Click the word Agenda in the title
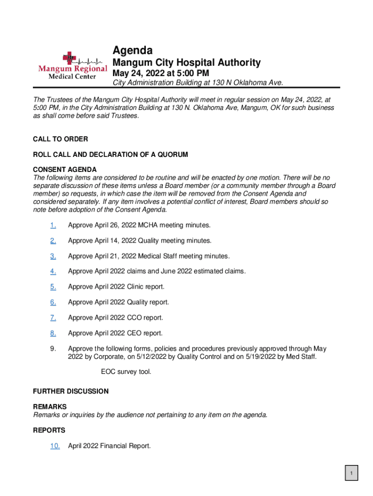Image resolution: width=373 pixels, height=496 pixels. coord(133,50)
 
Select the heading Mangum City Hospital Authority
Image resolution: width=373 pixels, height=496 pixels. coord(186,62)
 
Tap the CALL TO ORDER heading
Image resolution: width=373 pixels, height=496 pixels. coord(61,139)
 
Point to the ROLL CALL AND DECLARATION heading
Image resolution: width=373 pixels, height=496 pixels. coord(110,155)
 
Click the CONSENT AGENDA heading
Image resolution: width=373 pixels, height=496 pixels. coord(65,170)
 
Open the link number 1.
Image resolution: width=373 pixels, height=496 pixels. coord(53,225)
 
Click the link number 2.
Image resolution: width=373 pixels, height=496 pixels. coord(53,241)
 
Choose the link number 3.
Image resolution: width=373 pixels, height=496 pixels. coord(53,256)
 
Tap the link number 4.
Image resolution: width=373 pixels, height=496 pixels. coord(53,271)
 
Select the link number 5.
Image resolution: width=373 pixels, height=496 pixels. coord(53,287)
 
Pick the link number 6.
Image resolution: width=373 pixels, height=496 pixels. coord(53,302)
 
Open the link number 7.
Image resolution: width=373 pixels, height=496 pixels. coord(53,318)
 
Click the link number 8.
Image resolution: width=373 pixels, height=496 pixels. coord(53,333)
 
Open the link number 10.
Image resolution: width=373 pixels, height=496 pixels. coord(55,446)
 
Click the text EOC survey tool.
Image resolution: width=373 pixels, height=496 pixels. coord(126,372)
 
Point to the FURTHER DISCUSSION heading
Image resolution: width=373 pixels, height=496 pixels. coord(71,391)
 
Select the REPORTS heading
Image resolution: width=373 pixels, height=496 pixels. coord(49,430)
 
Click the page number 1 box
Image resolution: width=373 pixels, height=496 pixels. coord(352,473)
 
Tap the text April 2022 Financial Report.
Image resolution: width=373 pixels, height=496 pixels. coord(109,446)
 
